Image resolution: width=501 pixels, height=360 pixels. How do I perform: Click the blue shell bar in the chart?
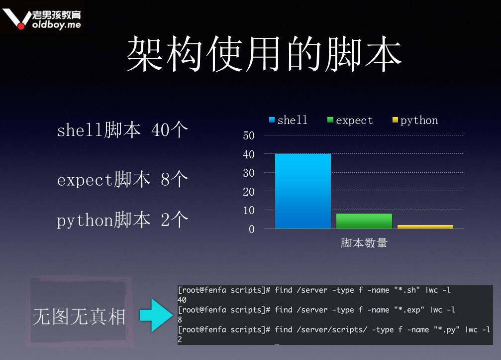pos(303,191)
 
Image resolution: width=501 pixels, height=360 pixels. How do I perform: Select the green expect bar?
pos(364,221)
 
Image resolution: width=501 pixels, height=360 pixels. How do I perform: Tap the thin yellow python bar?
pos(425,227)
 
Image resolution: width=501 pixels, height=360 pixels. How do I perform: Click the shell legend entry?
pos(288,120)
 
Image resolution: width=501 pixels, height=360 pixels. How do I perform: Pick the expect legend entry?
pos(350,120)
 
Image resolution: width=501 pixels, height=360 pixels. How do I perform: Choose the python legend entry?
pos(415,120)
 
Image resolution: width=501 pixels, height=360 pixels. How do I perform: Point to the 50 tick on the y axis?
pos(249,135)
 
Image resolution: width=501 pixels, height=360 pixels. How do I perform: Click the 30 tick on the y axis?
pos(249,173)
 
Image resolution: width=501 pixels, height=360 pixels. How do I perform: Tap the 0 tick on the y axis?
pos(252,229)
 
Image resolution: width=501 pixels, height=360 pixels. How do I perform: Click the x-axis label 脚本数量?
pos(364,243)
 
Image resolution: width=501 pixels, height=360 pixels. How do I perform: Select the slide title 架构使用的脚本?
pos(264,54)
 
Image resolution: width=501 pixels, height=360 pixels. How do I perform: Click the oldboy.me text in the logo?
pos(57,24)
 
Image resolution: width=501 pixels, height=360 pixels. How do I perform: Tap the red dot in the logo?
pos(21,25)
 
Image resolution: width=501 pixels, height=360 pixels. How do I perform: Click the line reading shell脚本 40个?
pos(122,130)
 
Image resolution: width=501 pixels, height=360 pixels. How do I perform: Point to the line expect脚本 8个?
pos(122,179)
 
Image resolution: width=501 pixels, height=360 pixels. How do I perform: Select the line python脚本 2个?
pos(122,220)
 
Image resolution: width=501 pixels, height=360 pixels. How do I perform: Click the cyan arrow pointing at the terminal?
pos(156,315)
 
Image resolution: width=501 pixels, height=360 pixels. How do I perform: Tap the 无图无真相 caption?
pos(79,317)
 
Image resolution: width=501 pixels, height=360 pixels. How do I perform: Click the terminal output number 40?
pos(182,300)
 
